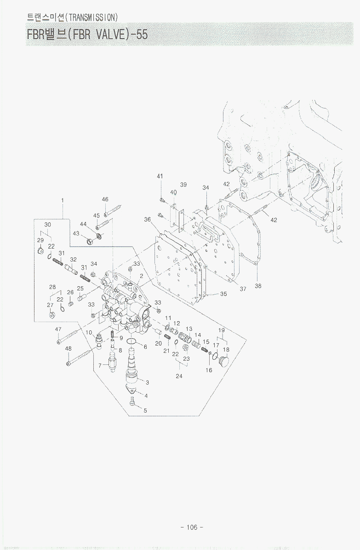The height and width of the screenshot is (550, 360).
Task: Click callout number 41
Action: coord(160,176)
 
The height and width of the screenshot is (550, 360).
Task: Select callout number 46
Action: coord(105,199)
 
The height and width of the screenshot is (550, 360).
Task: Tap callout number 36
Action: coord(147,220)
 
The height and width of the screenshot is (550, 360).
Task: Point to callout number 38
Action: coord(258,286)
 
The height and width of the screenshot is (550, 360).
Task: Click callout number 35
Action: coord(223,294)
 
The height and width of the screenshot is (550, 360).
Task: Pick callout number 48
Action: coord(68,349)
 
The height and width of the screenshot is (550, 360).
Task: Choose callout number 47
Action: coord(58,329)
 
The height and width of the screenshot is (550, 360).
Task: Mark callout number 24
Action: coord(179,376)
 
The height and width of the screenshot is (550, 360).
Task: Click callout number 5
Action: coord(145,410)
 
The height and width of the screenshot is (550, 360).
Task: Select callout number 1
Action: coord(62,200)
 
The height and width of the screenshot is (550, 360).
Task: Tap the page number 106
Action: coord(192,527)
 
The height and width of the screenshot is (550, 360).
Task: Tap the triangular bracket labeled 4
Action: coord(131,390)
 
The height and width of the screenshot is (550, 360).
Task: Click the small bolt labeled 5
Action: coord(132,404)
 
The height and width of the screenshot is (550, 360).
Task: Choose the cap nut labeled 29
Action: coord(40,251)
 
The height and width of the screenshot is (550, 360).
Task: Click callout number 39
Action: coord(183,185)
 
